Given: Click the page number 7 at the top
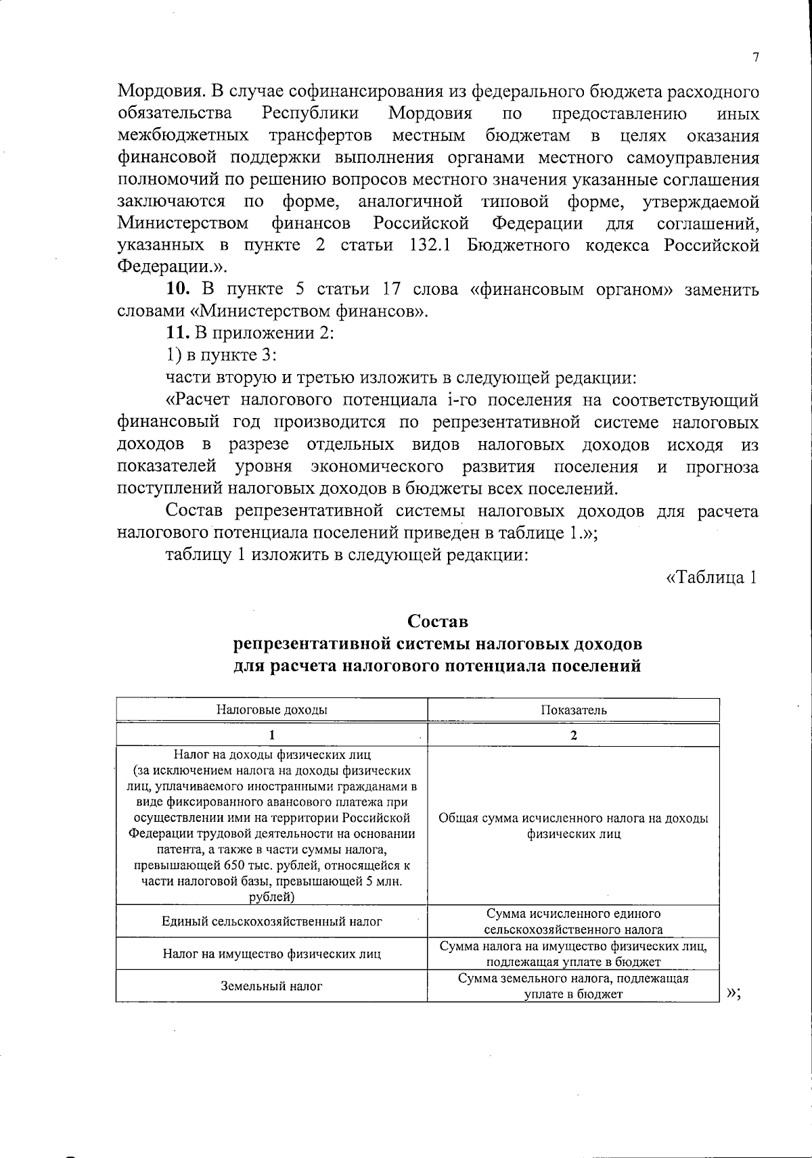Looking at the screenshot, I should coord(755,58).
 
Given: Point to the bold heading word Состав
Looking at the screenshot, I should coord(437,621).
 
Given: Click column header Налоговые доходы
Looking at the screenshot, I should coord(271,710).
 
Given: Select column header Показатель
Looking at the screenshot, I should coord(573,710).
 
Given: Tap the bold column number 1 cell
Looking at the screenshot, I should coord(271,735).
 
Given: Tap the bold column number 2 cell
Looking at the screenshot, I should coord(573,735).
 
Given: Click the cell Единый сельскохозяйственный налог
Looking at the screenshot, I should coord(271,921).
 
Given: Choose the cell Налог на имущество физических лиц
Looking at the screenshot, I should coord(271,954).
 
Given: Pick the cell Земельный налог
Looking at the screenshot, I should coord(271,986).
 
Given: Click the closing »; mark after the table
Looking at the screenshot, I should coord(735,993).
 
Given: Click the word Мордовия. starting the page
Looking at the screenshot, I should coord(160,91).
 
